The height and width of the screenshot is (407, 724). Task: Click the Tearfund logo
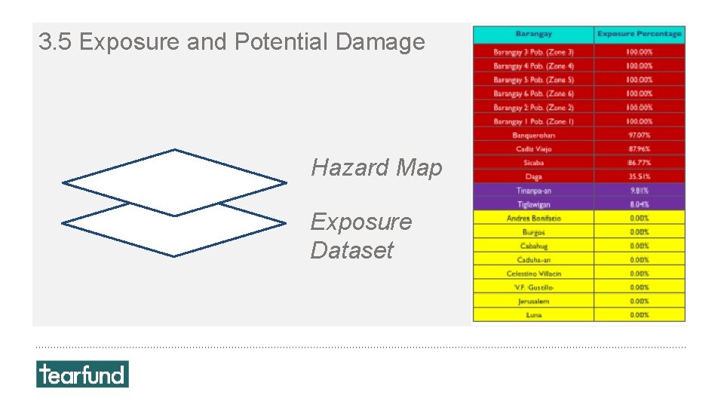(82, 374)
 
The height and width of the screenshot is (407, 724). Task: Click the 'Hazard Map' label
(376, 167)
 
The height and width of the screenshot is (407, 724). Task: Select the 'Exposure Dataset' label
(360, 235)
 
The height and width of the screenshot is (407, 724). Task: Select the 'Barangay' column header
(533, 34)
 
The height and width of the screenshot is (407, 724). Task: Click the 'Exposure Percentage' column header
(639, 34)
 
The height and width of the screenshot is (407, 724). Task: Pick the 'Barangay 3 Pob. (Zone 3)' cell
(533, 52)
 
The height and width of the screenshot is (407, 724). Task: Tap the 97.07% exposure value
(639, 135)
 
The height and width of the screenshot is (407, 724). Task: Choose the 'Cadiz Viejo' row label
(533, 149)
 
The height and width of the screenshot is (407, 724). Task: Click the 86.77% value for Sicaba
(639, 163)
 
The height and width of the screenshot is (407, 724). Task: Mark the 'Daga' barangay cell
(533, 176)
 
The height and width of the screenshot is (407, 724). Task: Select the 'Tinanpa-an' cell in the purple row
(533, 191)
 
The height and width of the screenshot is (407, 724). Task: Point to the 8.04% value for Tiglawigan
(639, 204)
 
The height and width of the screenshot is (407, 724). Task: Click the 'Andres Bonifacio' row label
(533, 218)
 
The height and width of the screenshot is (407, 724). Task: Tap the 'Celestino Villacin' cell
(533, 274)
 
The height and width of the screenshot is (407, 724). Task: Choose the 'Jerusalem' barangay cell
(533, 301)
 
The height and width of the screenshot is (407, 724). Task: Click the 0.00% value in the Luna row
(639, 314)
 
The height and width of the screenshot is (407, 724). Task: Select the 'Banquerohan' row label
(533, 135)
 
